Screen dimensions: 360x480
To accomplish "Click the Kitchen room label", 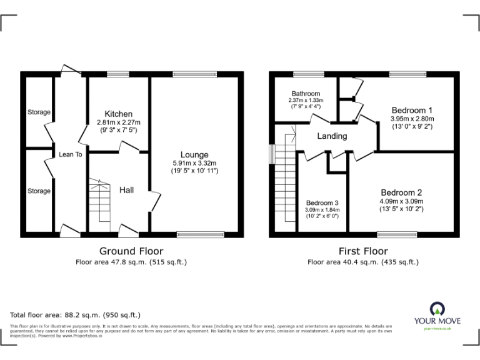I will point(118,114).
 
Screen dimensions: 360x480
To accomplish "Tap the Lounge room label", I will point(194,155).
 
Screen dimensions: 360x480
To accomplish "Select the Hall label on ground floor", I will point(129,190).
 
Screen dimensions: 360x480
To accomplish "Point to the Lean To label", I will point(71,154).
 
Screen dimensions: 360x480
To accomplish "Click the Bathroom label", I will point(305,94).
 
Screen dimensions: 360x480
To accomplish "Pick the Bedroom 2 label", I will point(401,192).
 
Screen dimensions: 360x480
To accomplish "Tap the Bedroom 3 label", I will point(322,202).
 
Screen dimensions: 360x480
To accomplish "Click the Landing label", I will point(332,136).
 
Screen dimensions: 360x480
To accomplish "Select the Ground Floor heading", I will point(131,251).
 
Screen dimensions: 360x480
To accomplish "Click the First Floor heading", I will point(363,251).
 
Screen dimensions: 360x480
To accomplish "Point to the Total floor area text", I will point(76,315).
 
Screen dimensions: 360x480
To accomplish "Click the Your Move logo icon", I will point(437,308).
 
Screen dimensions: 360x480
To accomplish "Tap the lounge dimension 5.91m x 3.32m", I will point(194,163).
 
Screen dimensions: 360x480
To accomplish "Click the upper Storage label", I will point(39,112).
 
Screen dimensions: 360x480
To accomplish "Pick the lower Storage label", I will point(39,191).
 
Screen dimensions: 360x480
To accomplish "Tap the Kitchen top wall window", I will point(117,75).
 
